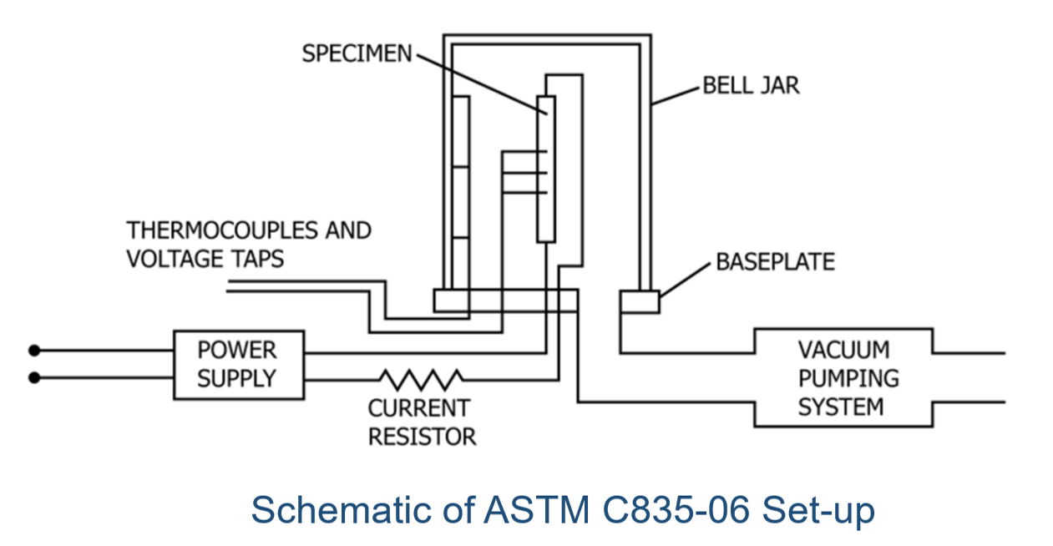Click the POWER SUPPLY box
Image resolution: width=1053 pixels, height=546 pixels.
[x=238, y=364]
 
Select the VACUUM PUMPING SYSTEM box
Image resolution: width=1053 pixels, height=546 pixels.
[x=843, y=377]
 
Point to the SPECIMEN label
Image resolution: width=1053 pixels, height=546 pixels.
[x=357, y=53]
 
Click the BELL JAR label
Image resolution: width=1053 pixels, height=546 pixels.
[x=750, y=85]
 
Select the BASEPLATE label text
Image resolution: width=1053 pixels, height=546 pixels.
[x=775, y=261]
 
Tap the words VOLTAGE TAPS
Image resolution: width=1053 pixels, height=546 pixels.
[x=205, y=259]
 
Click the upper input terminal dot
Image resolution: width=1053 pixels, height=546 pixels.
[x=34, y=350]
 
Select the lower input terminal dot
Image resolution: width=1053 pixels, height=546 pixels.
[x=34, y=378]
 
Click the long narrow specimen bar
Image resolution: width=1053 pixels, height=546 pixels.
[x=545, y=169]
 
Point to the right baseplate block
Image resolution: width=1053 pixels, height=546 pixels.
[x=639, y=301]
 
